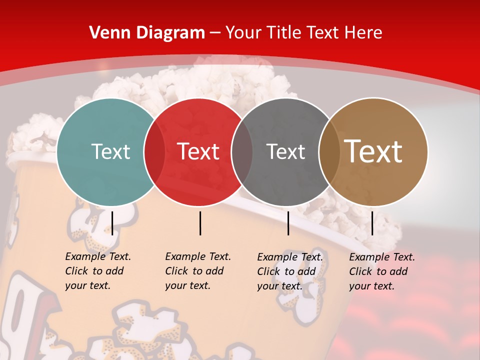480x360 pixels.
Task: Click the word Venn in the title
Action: coord(109,32)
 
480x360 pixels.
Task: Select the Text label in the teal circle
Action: coord(110,151)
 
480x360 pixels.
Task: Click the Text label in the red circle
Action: coord(198,151)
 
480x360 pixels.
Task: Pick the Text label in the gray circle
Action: coord(285,151)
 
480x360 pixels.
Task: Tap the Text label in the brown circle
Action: coord(373,151)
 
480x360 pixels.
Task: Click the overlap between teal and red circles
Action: coord(154,152)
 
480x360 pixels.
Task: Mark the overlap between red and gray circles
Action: coord(242,152)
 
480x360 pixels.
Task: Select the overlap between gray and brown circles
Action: coord(329,152)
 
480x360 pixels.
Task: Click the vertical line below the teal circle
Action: coord(112,223)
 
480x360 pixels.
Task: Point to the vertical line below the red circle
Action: coord(200,223)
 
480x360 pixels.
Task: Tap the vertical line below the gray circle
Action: coord(288,223)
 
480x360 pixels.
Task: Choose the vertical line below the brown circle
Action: coord(372,223)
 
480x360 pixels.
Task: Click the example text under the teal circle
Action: coord(97,271)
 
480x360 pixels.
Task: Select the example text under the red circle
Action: coord(197,271)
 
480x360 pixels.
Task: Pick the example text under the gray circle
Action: coord(289,271)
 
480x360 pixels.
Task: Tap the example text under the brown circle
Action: coord(381,271)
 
